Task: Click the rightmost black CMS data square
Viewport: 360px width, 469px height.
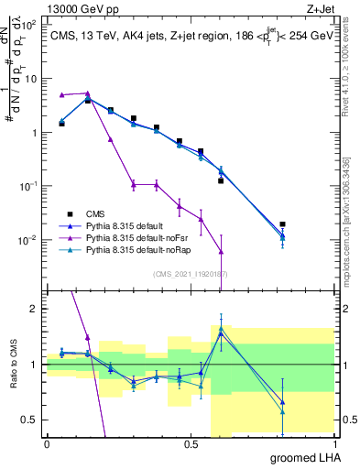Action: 282,224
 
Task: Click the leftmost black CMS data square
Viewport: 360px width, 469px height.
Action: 61,123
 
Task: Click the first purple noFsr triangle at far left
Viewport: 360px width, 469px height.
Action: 61,95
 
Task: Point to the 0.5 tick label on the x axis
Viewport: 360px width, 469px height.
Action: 191,444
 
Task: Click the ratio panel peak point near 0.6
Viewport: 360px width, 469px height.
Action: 221,328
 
